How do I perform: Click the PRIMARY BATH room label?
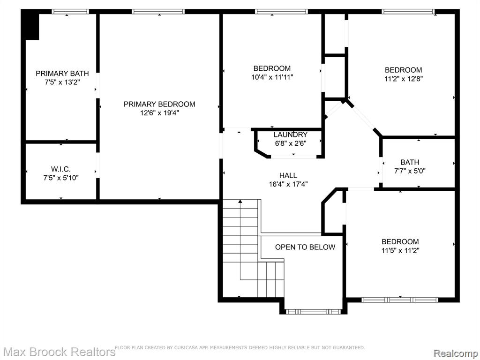tap(62, 74)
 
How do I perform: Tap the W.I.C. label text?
tap(61, 169)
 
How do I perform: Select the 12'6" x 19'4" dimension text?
tap(159, 113)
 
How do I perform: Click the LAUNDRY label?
tap(291, 135)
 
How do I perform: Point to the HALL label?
tap(288, 175)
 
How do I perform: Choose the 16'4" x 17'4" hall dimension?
tap(288, 184)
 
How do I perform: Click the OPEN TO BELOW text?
tap(305, 247)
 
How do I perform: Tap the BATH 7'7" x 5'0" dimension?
tap(410, 171)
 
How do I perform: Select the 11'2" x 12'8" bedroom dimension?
tap(404, 79)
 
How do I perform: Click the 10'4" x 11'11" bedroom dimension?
tap(272, 77)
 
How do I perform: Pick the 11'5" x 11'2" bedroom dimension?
tap(400, 250)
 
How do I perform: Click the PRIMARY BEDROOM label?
tap(159, 104)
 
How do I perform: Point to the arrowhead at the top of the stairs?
tap(240, 202)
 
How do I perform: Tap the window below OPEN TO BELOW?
tap(313, 312)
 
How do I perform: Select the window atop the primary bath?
tap(70, 12)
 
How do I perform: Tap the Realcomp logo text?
tap(456, 353)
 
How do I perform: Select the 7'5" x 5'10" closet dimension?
tap(61, 178)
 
